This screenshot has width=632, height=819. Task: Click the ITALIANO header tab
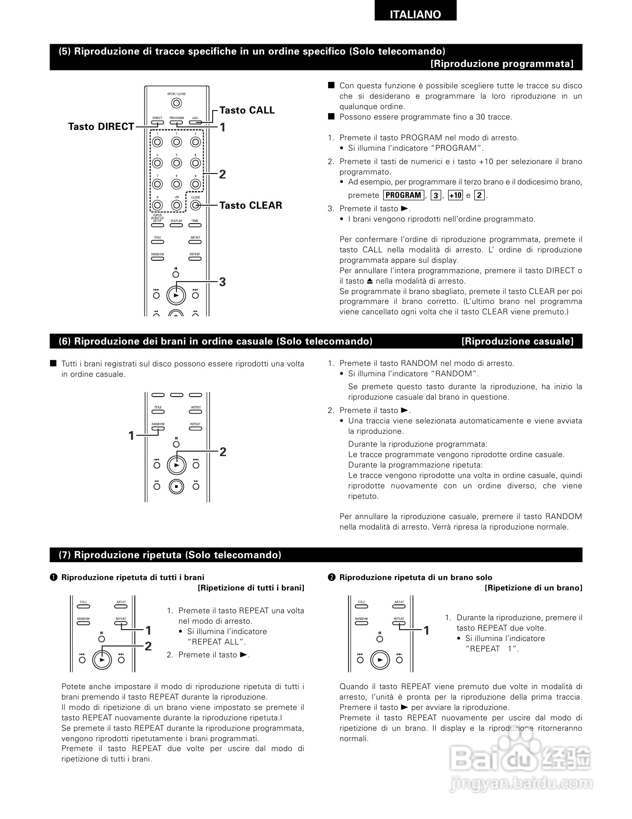pyautogui.click(x=415, y=14)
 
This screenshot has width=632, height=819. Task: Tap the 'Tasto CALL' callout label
pyautogui.click(x=247, y=110)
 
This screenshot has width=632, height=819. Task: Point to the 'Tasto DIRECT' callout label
pyautogui.click(x=101, y=126)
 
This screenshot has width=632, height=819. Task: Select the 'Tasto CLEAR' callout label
pyautogui.click(x=251, y=205)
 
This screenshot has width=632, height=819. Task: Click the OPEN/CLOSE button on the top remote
pyautogui.click(x=176, y=103)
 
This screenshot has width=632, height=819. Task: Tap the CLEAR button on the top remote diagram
pyautogui.click(x=195, y=204)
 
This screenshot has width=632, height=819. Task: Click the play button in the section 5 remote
pyautogui.click(x=175, y=295)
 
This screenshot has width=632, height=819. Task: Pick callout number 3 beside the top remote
pyautogui.click(x=223, y=282)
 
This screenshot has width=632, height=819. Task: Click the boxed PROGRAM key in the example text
pyautogui.click(x=403, y=195)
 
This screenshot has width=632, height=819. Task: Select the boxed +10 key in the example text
pyautogui.click(x=455, y=195)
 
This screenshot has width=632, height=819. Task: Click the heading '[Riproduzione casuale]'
pyautogui.click(x=517, y=341)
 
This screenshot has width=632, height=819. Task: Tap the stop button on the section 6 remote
pyautogui.click(x=176, y=486)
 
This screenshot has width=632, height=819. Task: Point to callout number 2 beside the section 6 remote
pyautogui.click(x=223, y=452)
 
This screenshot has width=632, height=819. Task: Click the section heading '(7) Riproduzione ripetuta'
pyautogui.click(x=170, y=555)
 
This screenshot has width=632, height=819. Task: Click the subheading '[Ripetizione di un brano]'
pyautogui.click(x=533, y=588)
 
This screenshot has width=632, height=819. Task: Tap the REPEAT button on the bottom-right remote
pyautogui.click(x=399, y=623)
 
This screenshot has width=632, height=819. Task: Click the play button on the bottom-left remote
pyautogui.click(x=102, y=660)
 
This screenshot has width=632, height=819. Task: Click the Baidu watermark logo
pyautogui.click(x=520, y=759)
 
